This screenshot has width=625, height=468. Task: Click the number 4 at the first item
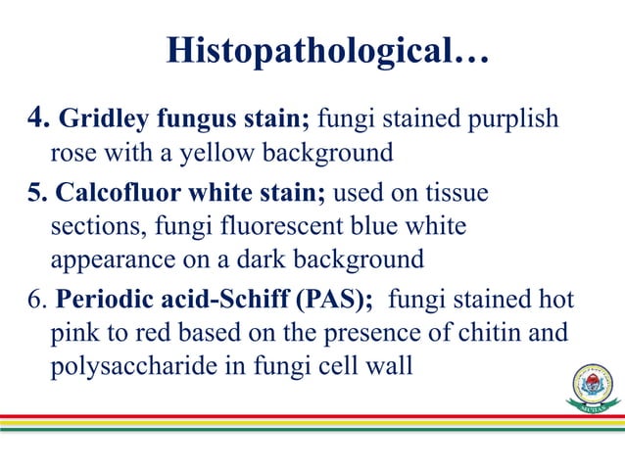click(33, 119)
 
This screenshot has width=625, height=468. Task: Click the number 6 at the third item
click(31, 300)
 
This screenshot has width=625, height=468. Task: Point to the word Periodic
click(97, 300)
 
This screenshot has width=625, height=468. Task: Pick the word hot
click(553, 300)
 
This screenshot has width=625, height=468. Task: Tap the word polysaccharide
click(123, 366)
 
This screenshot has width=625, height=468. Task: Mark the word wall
click(389, 366)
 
